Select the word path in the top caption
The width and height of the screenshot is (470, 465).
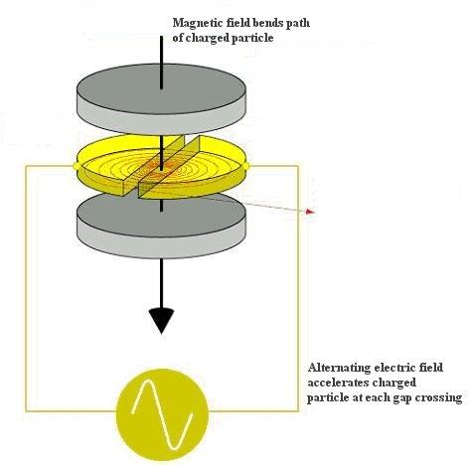[298, 24]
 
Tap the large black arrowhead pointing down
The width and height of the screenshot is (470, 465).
[161, 320]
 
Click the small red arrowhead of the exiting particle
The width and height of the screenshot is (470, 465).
[310, 211]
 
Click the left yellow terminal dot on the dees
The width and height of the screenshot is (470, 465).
[75, 166]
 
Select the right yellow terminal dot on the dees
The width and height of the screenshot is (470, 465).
[247, 165]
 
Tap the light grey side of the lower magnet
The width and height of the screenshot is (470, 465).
[161, 246]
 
